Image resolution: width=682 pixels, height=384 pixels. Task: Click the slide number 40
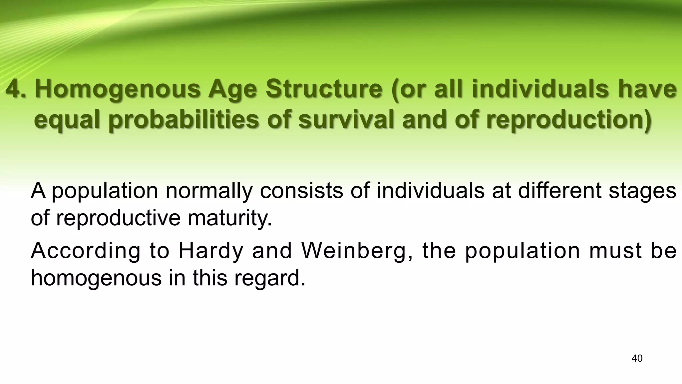pyautogui.click(x=637, y=359)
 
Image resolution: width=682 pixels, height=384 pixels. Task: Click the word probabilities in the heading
pyautogui.click(x=183, y=121)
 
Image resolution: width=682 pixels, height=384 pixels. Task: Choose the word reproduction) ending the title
pyautogui.click(x=568, y=121)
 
